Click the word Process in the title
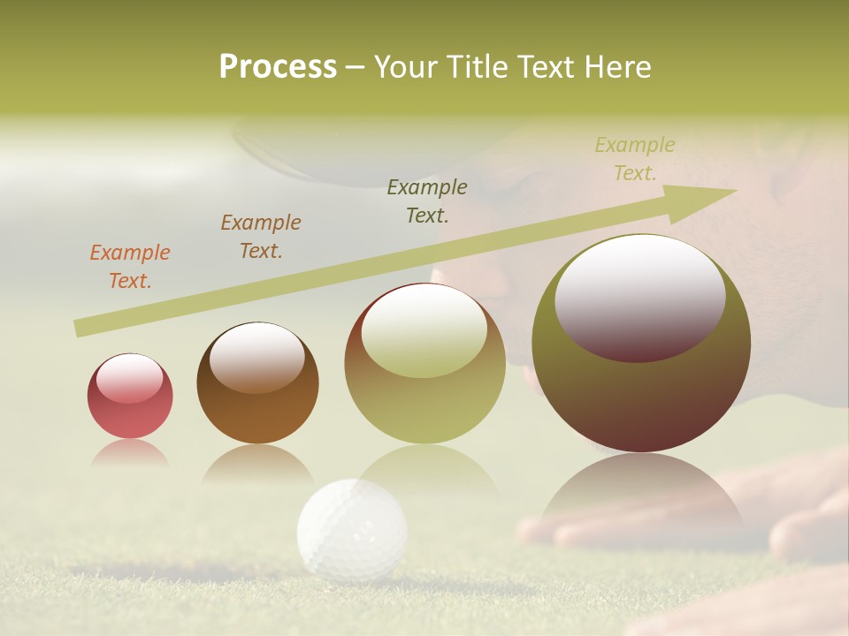point(278,66)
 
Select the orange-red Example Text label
point(130,266)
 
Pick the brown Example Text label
point(261,236)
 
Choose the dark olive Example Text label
point(427,201)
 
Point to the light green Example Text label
point(635,159)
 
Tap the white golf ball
point(352,530)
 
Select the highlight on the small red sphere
point(129,378)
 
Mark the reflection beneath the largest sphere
point(641,490)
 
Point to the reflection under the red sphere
point(130,452)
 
